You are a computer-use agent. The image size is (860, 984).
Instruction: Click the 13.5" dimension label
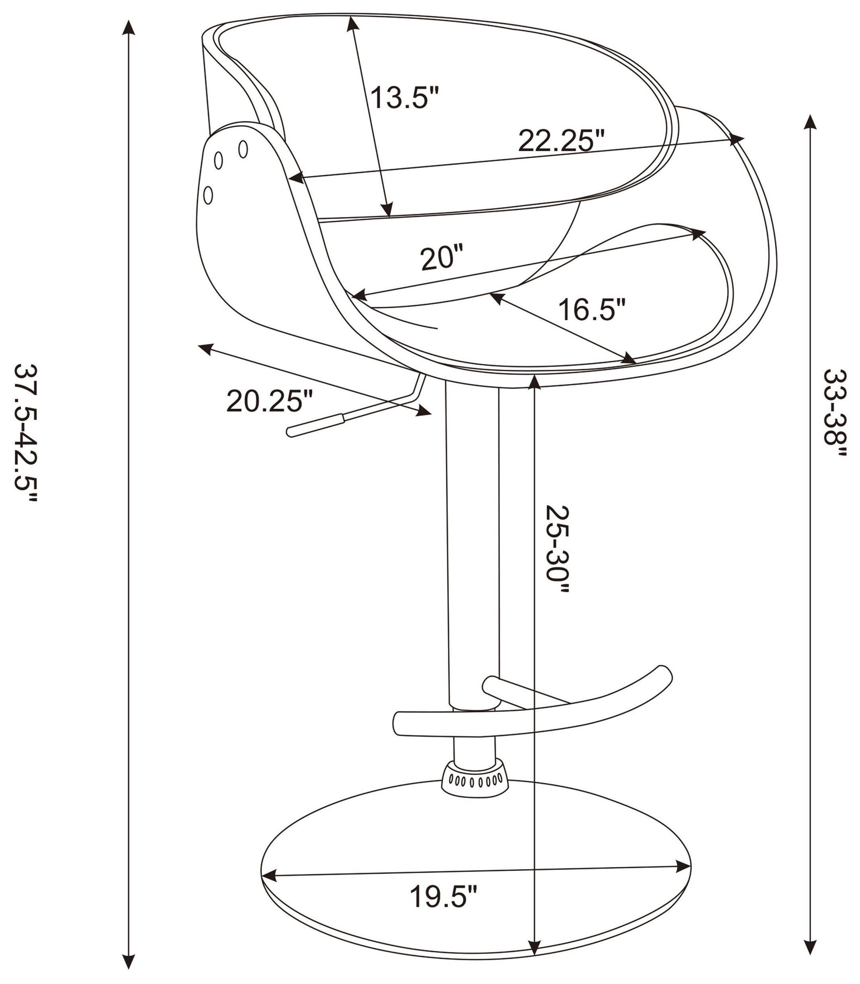point(404,98)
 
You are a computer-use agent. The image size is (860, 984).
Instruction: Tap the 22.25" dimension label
point(560,141)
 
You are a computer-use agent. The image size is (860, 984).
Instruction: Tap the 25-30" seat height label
point(557,549)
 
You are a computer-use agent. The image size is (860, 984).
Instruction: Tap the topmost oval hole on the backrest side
point(243,149)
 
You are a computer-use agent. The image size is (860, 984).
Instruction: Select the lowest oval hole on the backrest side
point(208,195)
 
